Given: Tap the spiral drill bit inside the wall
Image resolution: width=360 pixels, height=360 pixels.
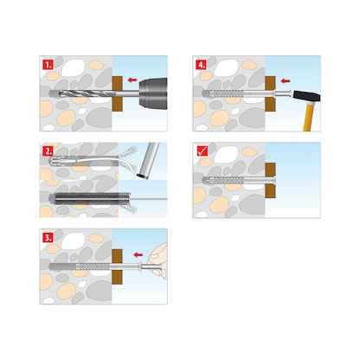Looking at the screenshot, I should click(x=81, y=87).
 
